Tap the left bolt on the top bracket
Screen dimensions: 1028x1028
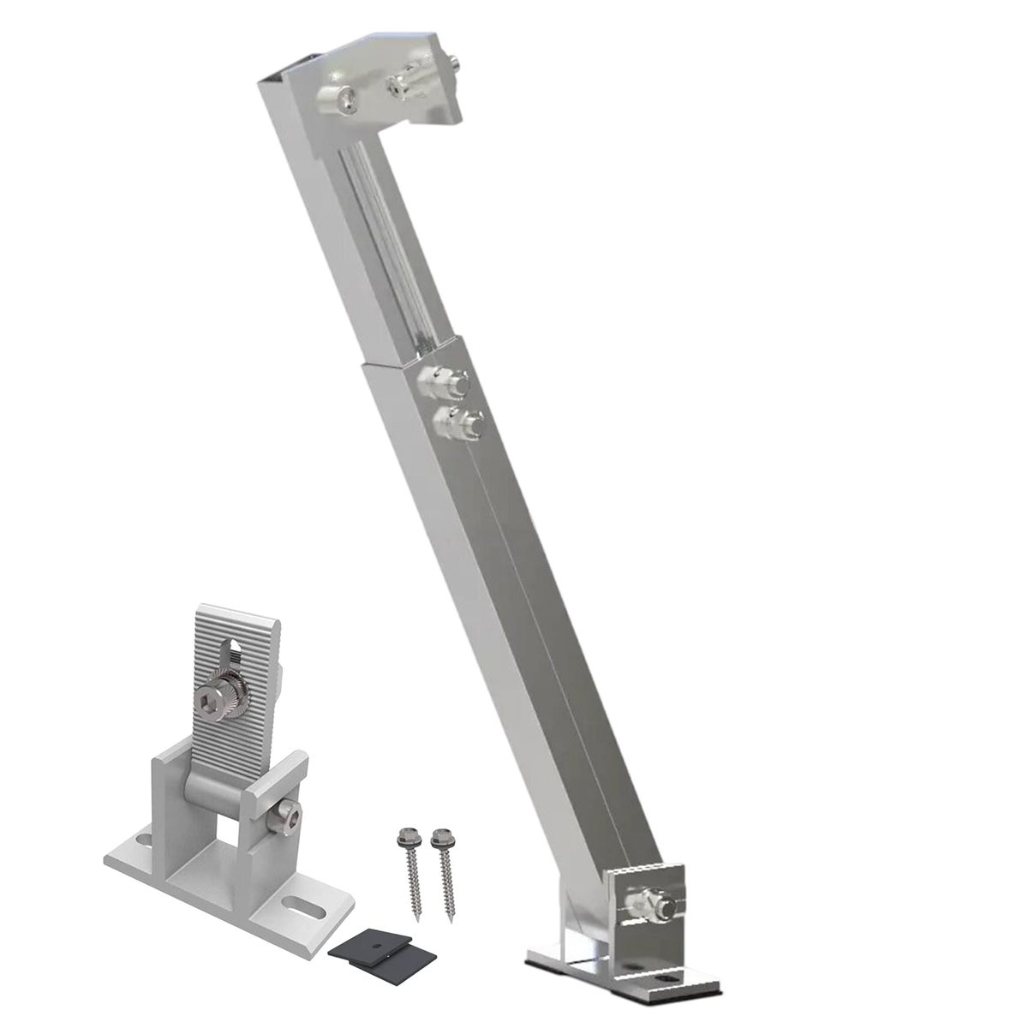335,100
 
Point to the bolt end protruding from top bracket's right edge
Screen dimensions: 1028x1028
452,62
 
